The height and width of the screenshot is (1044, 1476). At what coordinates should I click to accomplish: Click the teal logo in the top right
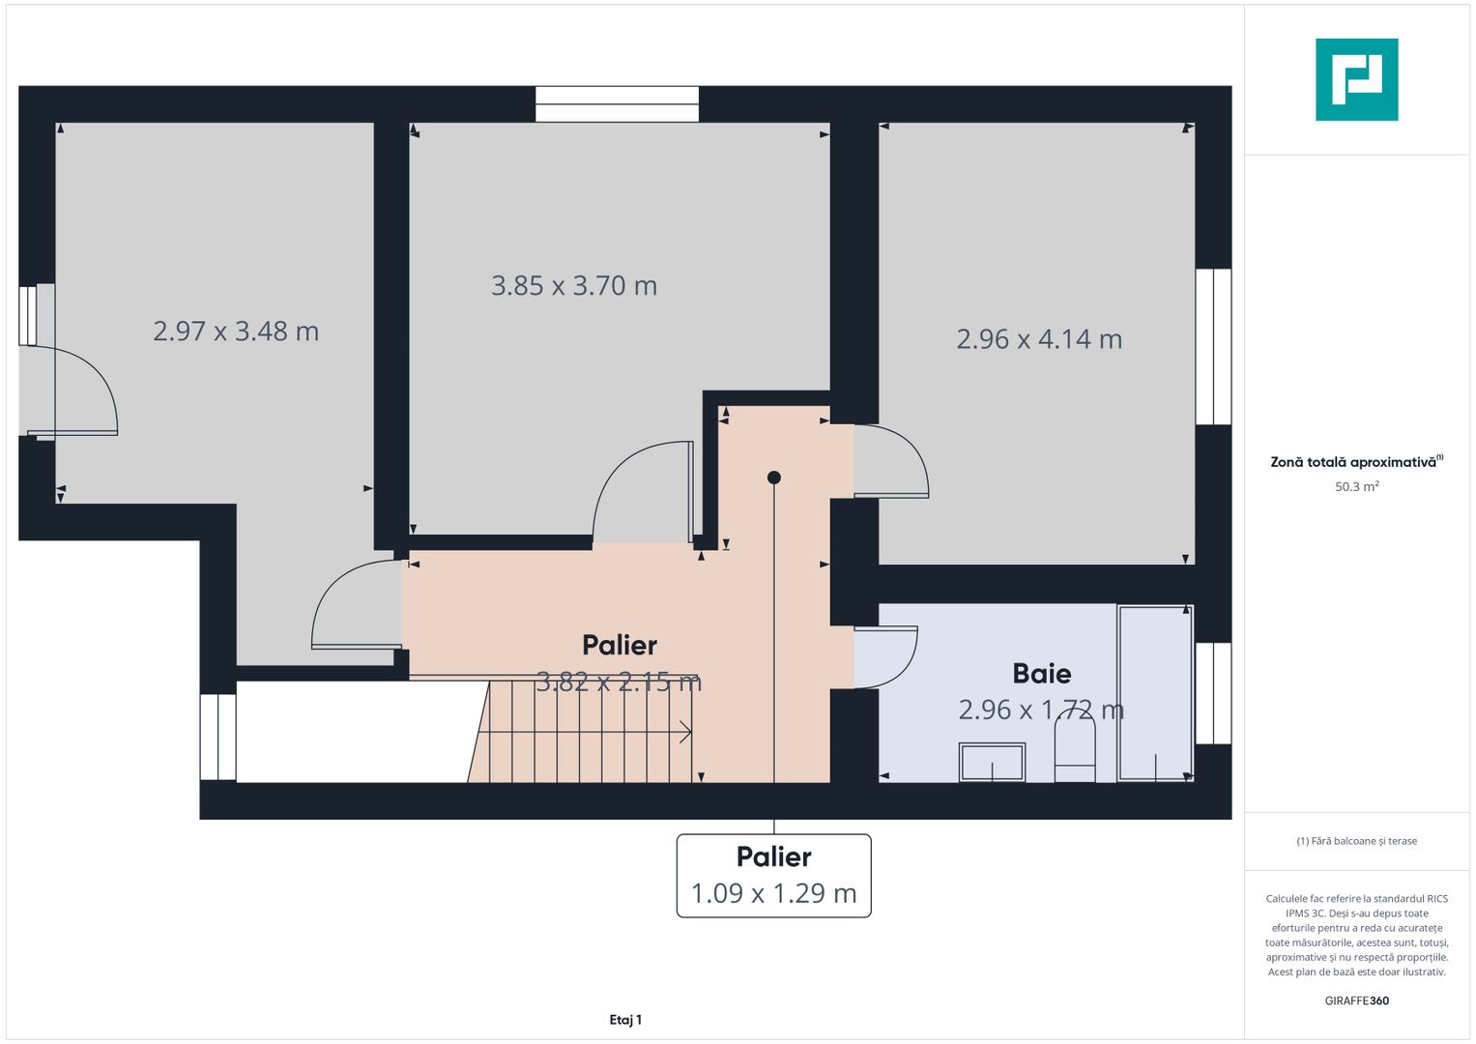click(1356, 79)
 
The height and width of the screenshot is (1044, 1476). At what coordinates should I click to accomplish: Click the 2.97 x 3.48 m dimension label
click(236, 332)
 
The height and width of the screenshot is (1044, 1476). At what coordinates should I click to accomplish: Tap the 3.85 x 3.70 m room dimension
click(574, 286)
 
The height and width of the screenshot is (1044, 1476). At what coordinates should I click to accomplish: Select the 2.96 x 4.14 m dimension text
click(1039, 339)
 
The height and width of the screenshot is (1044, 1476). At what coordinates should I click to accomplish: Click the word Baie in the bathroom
click(1041, 674)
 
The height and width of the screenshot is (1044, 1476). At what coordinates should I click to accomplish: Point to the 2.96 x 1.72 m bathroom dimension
click(1040, 710)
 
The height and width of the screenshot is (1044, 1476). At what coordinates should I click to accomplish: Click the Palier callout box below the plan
click(773, 875)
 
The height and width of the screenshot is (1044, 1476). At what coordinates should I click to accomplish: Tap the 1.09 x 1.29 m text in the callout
click(773, 893)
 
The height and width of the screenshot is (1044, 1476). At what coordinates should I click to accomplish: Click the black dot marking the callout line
click(773, 478)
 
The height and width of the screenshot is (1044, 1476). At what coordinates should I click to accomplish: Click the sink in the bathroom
click(992, 762)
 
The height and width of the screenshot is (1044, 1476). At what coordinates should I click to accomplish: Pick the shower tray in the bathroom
click(1155, 692)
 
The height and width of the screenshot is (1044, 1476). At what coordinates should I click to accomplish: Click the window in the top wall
click(617, 103)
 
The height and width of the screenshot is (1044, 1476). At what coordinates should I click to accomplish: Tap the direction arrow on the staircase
click(684, 733)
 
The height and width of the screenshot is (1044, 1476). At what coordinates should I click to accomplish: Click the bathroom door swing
click(884, 657)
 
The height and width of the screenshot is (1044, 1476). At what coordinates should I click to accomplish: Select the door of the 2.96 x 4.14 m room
click(889, 462)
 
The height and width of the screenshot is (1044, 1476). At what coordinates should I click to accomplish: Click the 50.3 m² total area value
click(1356, 486)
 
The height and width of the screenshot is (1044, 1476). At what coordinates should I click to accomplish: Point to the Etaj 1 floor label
click(625, 1020)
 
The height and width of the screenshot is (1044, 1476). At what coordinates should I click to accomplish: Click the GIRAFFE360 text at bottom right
click(1356, 1000)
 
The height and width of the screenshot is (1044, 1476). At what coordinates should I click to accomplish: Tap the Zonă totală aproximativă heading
click(1354, 462)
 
